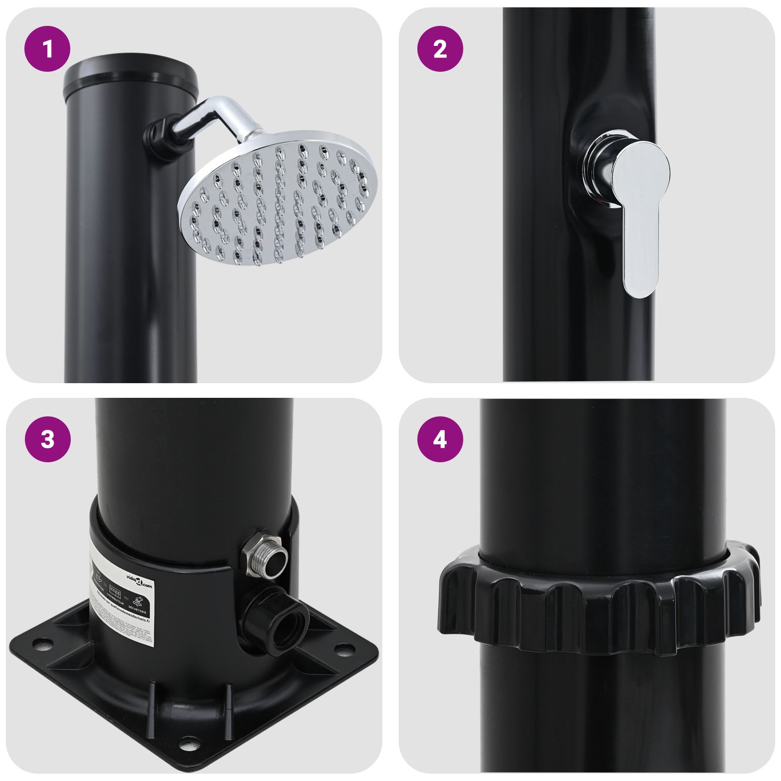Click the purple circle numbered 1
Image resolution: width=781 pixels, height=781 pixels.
pyautogui.click(x=47, y=49)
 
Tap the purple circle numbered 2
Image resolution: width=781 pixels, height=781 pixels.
pyautogui.click(x=440, y=49)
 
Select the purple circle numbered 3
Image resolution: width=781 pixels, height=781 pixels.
pyautogui.click(x=47, y=439)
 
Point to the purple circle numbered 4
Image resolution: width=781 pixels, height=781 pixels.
pyautogui.click(x=440, y=439)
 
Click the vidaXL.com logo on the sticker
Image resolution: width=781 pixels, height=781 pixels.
pyautogui.click(x=139, y=581)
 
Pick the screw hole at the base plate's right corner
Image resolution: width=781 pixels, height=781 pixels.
pyautogui.click(x=345, y=649)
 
